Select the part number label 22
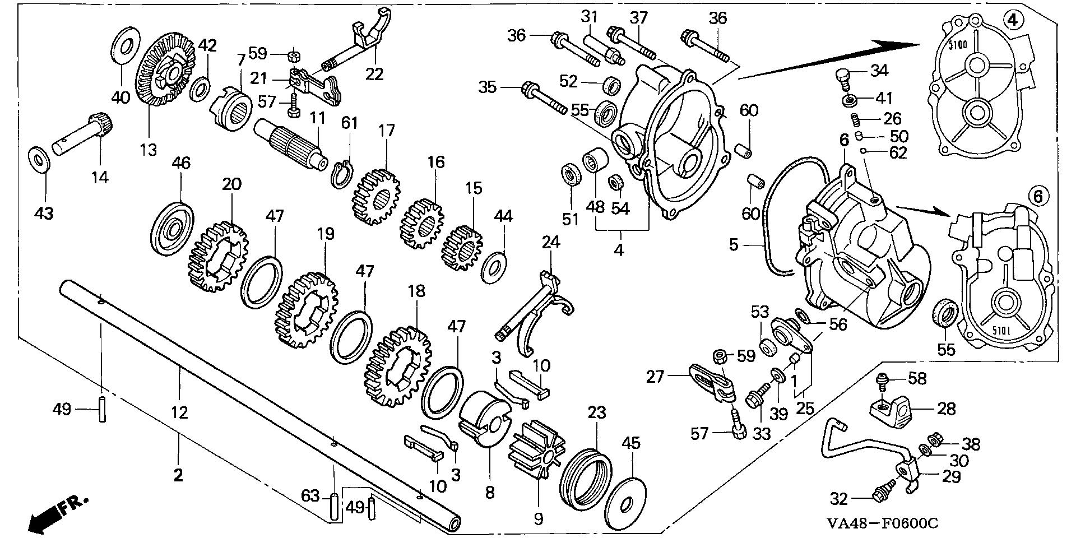click(x=374, y=73)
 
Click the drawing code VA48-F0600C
click(x=882, y=523)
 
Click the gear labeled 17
click(x=377, y=197)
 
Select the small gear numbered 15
click(x=463, y=248)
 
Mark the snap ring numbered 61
click(x=340, y=175)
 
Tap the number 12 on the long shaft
click(x=179, y=412)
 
